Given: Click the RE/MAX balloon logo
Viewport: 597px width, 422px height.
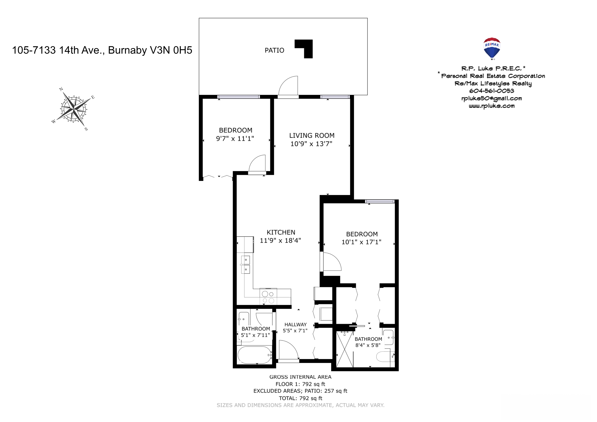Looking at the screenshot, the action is click(x=492, y=48).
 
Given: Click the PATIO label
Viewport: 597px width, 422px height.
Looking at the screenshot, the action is click(x=274, y=51).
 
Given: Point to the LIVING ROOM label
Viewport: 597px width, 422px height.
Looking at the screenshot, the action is click(x=312, y=135).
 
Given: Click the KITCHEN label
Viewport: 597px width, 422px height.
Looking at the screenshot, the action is click(x=281, y=232).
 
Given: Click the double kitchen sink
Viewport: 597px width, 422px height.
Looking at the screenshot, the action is click(x=246, y=265).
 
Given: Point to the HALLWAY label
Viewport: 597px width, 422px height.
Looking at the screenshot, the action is click(x=295, y=324).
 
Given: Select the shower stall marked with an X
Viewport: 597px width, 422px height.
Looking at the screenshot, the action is click(x=345, y=349).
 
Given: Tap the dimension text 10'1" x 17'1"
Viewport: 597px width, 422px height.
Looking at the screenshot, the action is click(x=361, y=242).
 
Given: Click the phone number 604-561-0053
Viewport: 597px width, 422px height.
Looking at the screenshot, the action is click(x=491, y=91).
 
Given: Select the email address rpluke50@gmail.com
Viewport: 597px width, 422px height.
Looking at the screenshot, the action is click(x=491, y=99).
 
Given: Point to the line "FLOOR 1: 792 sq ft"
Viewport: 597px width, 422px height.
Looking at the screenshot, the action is click(x=300, y=384).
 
